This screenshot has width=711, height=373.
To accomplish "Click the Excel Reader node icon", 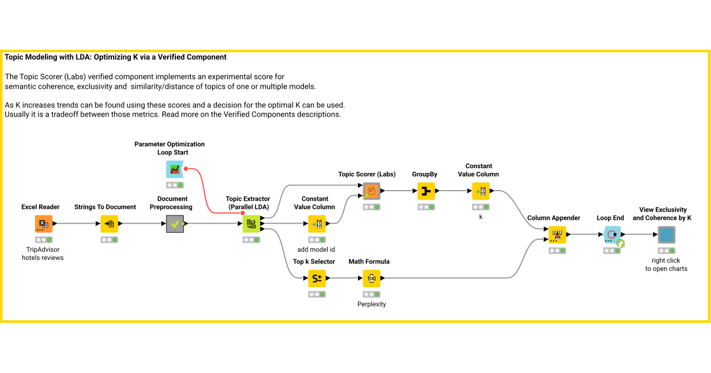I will (43, 224).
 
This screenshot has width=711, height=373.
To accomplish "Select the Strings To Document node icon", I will (109, 224).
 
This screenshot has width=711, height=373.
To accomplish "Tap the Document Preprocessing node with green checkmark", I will (175, 224).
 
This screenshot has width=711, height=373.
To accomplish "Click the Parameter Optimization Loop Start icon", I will (175, 169).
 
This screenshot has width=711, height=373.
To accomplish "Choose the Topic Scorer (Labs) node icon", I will (371, 191).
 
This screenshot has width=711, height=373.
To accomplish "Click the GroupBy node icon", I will (426, 191).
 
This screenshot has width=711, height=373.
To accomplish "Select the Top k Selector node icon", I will (317, 278).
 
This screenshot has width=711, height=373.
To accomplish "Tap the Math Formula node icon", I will (371, 278).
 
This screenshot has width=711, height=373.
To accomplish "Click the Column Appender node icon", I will (557, 234).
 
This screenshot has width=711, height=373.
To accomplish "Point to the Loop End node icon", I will (612, 234).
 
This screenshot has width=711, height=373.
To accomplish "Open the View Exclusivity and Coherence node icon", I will (667, 234).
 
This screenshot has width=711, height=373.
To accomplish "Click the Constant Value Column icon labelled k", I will (481, 191).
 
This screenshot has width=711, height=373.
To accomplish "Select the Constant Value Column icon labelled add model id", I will (317, 224).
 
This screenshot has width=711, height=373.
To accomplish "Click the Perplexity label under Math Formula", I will (371, 304).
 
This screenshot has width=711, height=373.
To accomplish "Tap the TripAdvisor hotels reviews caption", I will (43, 253).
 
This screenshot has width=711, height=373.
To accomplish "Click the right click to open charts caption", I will (667, 265).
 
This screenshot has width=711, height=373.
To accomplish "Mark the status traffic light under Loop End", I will (612, 250).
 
